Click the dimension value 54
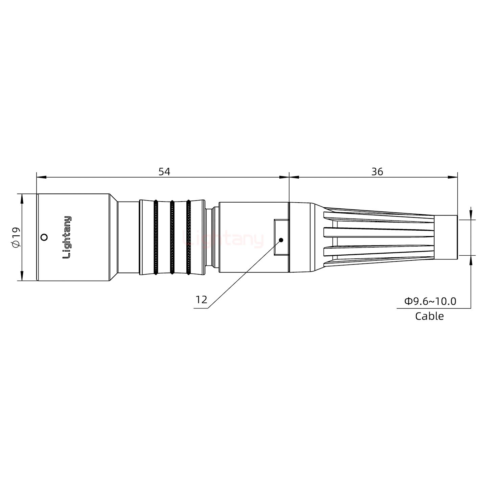pos(164,171)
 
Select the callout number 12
pos(201,300)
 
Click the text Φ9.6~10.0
pos(430,301)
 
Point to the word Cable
pos(429,316)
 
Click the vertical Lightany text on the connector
pos(67,237)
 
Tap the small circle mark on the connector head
pos(44,237)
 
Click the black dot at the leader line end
pos(281,240)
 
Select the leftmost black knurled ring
pos(156,237)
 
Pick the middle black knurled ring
pos(172,237)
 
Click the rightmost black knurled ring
pos(188,237)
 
